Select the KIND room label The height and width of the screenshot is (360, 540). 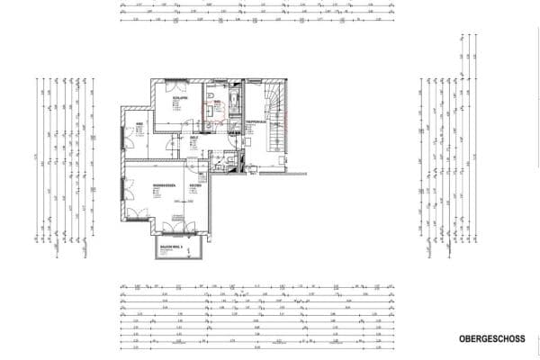click(139, 123)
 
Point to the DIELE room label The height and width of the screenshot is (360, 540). click(193, 138)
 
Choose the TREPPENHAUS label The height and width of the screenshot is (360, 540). click(254, 121)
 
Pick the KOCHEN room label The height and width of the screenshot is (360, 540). click(194, 186)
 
